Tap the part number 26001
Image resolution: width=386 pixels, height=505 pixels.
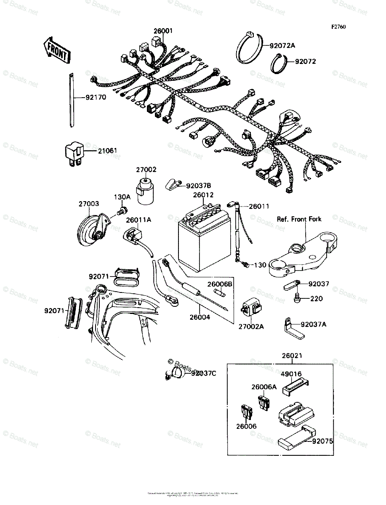coord(163,31)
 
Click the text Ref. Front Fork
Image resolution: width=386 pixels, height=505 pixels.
coord(299,219)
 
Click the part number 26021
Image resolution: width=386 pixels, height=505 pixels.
coord(292,356)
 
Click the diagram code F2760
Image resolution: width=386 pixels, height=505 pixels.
coord(338,27)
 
